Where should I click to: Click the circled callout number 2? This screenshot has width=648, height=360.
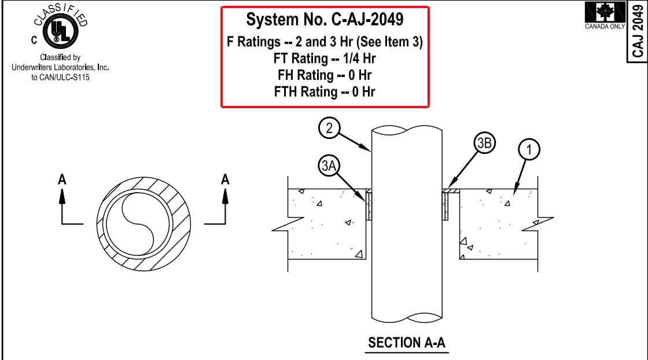pos(329,128)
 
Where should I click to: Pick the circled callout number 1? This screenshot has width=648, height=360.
pos(528,149)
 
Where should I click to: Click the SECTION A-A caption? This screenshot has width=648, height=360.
pos(407,343)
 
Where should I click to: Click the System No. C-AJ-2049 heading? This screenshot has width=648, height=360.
pos(325,20)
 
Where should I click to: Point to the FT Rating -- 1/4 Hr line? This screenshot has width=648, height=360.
pos(325,58)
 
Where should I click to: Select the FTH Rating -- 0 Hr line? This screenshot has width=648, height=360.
pos(325,91)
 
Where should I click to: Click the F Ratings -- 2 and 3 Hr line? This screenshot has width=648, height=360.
pos(325,42)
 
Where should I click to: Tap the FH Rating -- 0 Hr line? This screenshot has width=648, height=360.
pos(325,75)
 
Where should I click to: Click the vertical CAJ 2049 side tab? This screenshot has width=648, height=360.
pos(638,29)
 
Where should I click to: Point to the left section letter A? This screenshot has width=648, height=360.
pos(62,180)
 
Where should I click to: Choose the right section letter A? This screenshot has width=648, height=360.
pos(226,180)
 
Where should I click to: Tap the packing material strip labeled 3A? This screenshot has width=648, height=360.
pos(369,207)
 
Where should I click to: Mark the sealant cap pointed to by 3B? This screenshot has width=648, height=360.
pos(451,190)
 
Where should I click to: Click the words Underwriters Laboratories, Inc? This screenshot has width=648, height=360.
pos(61,67)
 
